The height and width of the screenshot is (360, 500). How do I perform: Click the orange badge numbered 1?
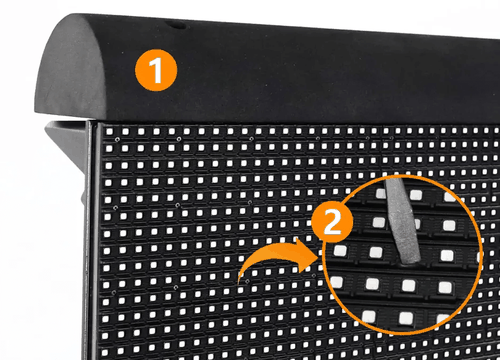pyautogui.click(x=155, y=71)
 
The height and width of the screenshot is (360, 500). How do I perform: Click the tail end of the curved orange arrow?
pyautogui.click(x=241, y=281)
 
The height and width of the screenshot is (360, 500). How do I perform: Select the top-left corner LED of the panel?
pyautogui.click(x=105, y=131)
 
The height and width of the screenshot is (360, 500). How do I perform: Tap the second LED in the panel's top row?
pyautogui.click(x=116, y=132)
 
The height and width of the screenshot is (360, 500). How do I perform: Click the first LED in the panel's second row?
pyautogui.click(x=105, y=142)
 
